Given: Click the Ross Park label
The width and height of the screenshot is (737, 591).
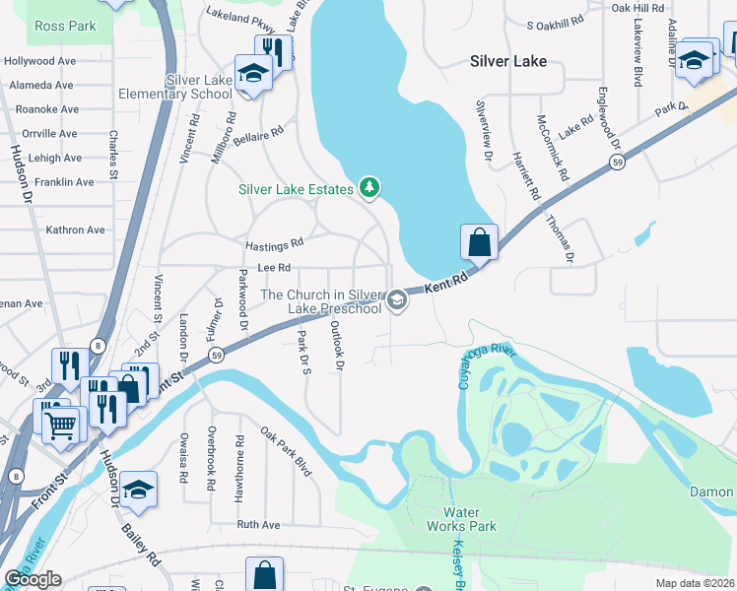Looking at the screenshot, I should (x=65, y=26).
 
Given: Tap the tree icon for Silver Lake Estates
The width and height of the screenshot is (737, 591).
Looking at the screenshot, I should (x=369, y=187).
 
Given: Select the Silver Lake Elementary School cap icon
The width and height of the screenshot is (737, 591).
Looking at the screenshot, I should (x=253, y=75).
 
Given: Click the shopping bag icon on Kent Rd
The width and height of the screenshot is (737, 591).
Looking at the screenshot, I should (x=478, y=241).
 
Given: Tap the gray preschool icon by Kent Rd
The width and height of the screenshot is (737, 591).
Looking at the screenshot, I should (x=397, y=300).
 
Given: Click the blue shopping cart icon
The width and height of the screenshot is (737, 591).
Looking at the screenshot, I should (x=60, y=424).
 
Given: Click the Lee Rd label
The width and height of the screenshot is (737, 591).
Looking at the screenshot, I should (x=274, y=267).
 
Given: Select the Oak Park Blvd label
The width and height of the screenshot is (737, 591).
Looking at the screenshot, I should (x=287, y=451).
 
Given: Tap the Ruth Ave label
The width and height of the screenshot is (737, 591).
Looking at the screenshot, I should (x=258, y=525).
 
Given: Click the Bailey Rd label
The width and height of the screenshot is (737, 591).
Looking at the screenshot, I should (x=141, y=545).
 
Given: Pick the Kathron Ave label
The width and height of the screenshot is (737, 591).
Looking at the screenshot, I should (x=75, y=230).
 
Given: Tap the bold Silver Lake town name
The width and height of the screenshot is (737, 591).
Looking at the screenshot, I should (x=502, y=61).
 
